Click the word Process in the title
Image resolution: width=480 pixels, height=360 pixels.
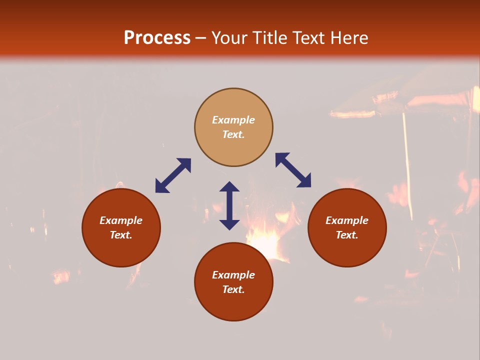coord(157,38)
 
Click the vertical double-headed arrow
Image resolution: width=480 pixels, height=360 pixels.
coord(229,205)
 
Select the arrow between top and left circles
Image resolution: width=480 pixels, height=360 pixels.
coord(173,175)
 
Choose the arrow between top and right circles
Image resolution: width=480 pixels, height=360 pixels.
coord(293,170)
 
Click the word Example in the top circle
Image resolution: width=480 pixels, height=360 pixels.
coord(233,120)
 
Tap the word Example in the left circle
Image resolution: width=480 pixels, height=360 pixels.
coord(121,220)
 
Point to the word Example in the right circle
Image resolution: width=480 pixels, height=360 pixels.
coord(347,220)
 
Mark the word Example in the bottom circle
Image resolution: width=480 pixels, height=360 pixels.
coord(233,275)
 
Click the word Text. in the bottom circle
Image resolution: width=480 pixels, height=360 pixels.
coord(233,289)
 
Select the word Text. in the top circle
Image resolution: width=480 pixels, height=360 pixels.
coord(233,134)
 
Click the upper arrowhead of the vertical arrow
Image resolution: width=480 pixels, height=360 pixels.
coord(229,187)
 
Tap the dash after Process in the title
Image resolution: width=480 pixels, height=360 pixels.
coord(201,38)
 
